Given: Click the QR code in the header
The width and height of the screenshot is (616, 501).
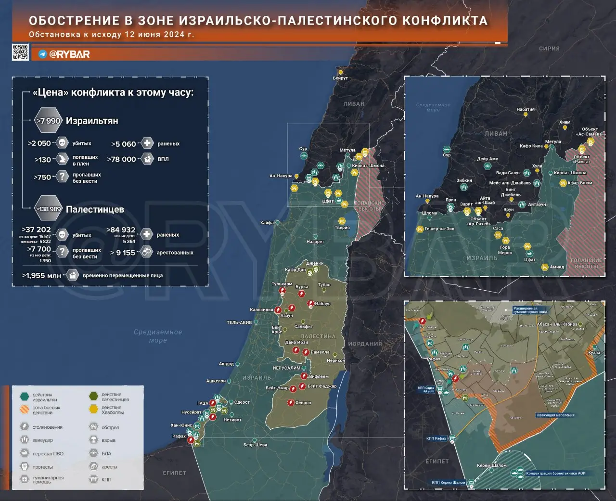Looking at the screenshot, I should tap(20, 52).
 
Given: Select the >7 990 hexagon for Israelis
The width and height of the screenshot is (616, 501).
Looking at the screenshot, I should tap(48, 121).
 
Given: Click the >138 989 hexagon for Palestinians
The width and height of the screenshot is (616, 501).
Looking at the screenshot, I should tap(48, 209).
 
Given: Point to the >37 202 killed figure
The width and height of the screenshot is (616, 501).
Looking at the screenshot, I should tap(36, 230).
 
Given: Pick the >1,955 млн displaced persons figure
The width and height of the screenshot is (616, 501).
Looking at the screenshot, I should tap(41, 276).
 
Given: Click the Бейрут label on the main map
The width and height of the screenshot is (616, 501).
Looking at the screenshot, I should tap(340, 78).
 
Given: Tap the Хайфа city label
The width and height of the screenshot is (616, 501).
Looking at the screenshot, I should tap(267, 223).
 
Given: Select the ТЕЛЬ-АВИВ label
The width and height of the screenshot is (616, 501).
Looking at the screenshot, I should tap(239, 322).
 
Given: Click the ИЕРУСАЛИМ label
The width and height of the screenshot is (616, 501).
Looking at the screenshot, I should tap(287, 368).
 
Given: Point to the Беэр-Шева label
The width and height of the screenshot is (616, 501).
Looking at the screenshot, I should tap(255, 445).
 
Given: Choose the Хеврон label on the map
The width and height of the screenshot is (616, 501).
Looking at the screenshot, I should tap(303, 403).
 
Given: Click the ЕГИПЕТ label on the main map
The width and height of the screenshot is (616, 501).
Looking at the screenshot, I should tap(174, 473).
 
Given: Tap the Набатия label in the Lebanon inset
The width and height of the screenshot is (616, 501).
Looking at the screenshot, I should tap(526, 109).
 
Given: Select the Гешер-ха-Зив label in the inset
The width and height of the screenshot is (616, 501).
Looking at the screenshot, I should tap(439, 229).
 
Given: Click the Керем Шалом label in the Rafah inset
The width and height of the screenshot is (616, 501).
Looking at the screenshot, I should tap(491, 465).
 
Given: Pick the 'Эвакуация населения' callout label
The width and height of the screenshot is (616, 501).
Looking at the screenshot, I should tap(555, 415).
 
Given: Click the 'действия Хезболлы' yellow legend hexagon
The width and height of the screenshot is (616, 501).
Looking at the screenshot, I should tap(93, 410).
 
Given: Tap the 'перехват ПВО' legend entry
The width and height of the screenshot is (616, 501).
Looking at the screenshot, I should tap(48, 453).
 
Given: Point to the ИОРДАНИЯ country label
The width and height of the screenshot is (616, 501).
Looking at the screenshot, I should tap(365, 344).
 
